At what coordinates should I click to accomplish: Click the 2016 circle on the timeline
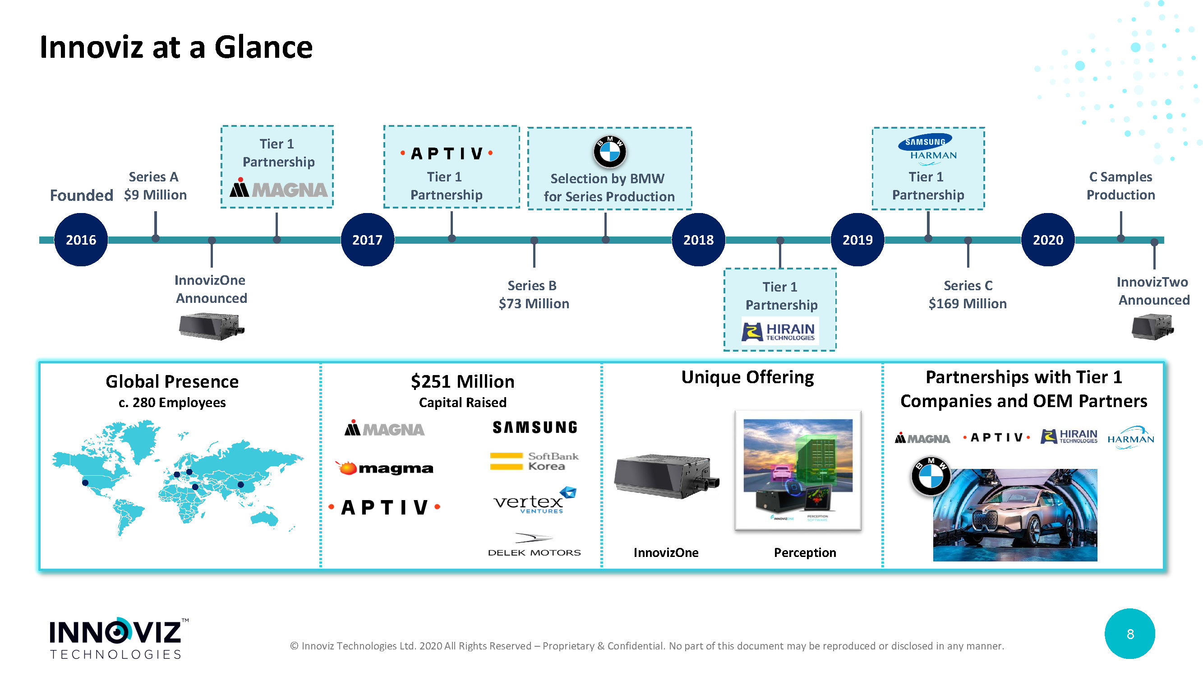(x=81, y=240)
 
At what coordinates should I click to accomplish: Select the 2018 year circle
(x=698, y=240)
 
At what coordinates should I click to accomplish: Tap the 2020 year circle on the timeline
(x=1047, y=240)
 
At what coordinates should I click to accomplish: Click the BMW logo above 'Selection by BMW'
(x=609, y=152)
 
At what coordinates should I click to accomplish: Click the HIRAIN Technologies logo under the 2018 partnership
(x=779, y=331)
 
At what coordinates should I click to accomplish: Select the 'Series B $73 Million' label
(x=533, y=294)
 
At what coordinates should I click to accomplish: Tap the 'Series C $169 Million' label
(x=967, y=294)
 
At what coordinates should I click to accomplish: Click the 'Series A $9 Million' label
(x=155, y=186)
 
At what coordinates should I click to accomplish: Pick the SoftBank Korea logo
(x=534, y=461)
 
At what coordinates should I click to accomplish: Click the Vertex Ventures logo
(x=534, y=501)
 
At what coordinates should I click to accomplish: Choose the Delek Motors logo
(x=534, y=545)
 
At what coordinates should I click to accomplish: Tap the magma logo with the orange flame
(x=384, y=468)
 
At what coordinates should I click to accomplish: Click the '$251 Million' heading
(x=462, y=382)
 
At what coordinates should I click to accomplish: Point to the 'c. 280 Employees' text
(x=172, y=402)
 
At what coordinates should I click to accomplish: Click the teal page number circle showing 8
(x=1129, y=634)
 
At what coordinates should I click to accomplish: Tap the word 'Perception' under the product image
(x=805, y=552)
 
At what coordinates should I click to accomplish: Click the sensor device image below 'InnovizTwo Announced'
(x=1152, y=327)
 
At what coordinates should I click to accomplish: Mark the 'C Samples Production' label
(x=1120, y=186)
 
